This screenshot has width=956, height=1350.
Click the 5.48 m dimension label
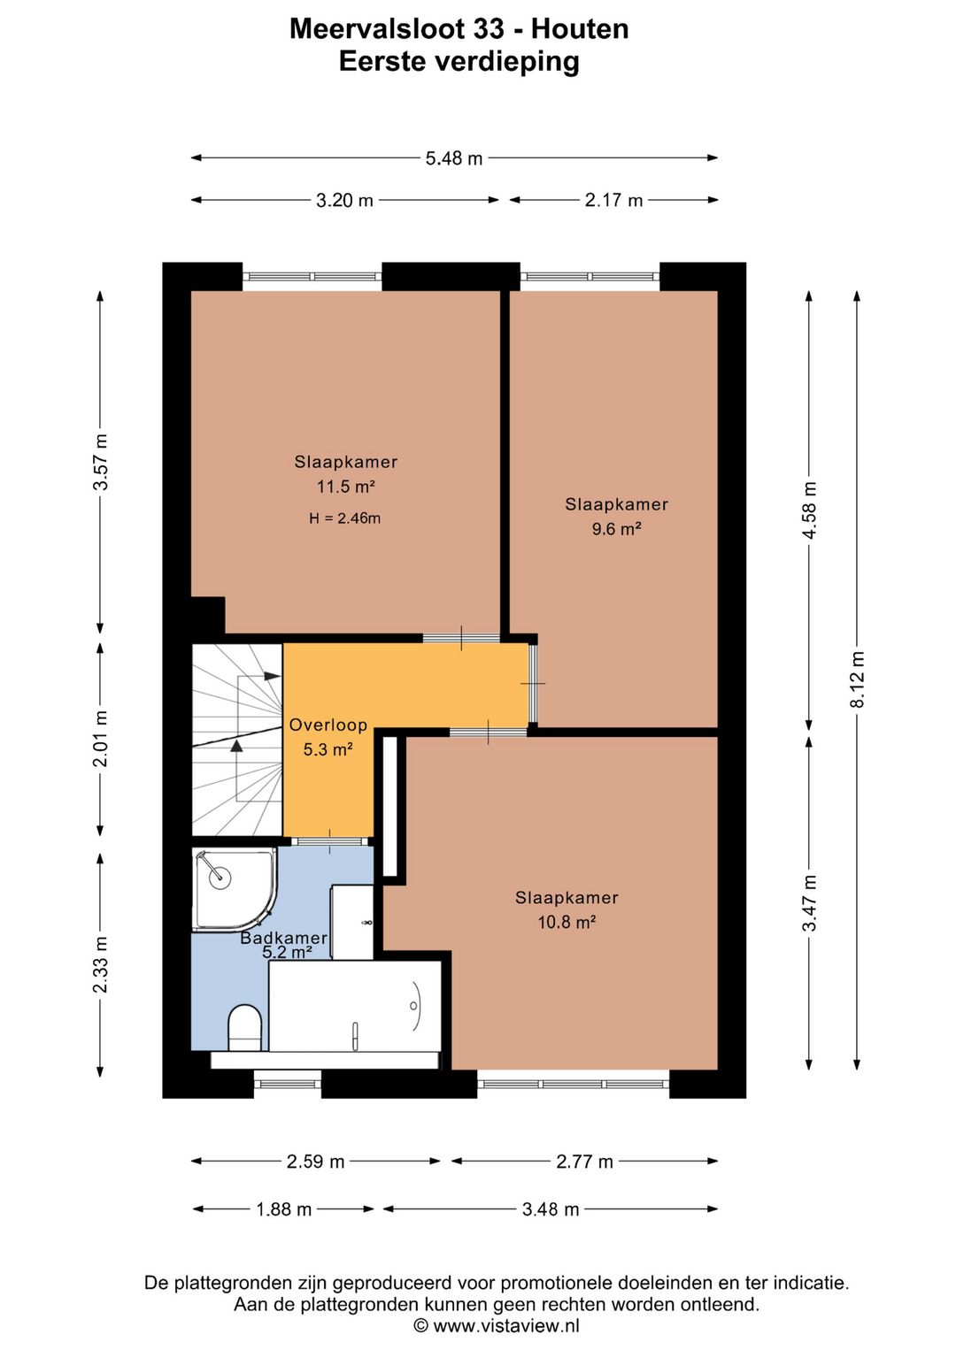(453, 158)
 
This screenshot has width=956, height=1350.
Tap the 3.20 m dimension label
(344, 200)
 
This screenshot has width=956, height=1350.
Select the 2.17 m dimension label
(613, 200)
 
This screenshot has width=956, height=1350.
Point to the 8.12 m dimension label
(858, 679)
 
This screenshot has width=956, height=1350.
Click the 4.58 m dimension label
(810, 510)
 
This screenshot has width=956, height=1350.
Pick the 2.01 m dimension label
(101, 739)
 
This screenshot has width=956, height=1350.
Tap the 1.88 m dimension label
(283, 1209)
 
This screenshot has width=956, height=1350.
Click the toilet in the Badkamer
(244, 1027)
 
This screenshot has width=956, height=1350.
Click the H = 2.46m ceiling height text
(344, 518)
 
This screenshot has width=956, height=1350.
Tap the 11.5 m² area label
(346, 487)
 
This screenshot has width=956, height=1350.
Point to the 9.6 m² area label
(616, 528)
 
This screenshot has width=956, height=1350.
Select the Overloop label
(328, 725)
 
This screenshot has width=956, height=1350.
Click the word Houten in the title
(580, 28)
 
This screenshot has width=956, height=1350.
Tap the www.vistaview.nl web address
(506, 1325)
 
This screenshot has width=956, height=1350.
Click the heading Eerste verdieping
(459, 61)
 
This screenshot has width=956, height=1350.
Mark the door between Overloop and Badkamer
(330, 841)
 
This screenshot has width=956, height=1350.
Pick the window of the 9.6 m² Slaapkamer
(590, 277)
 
